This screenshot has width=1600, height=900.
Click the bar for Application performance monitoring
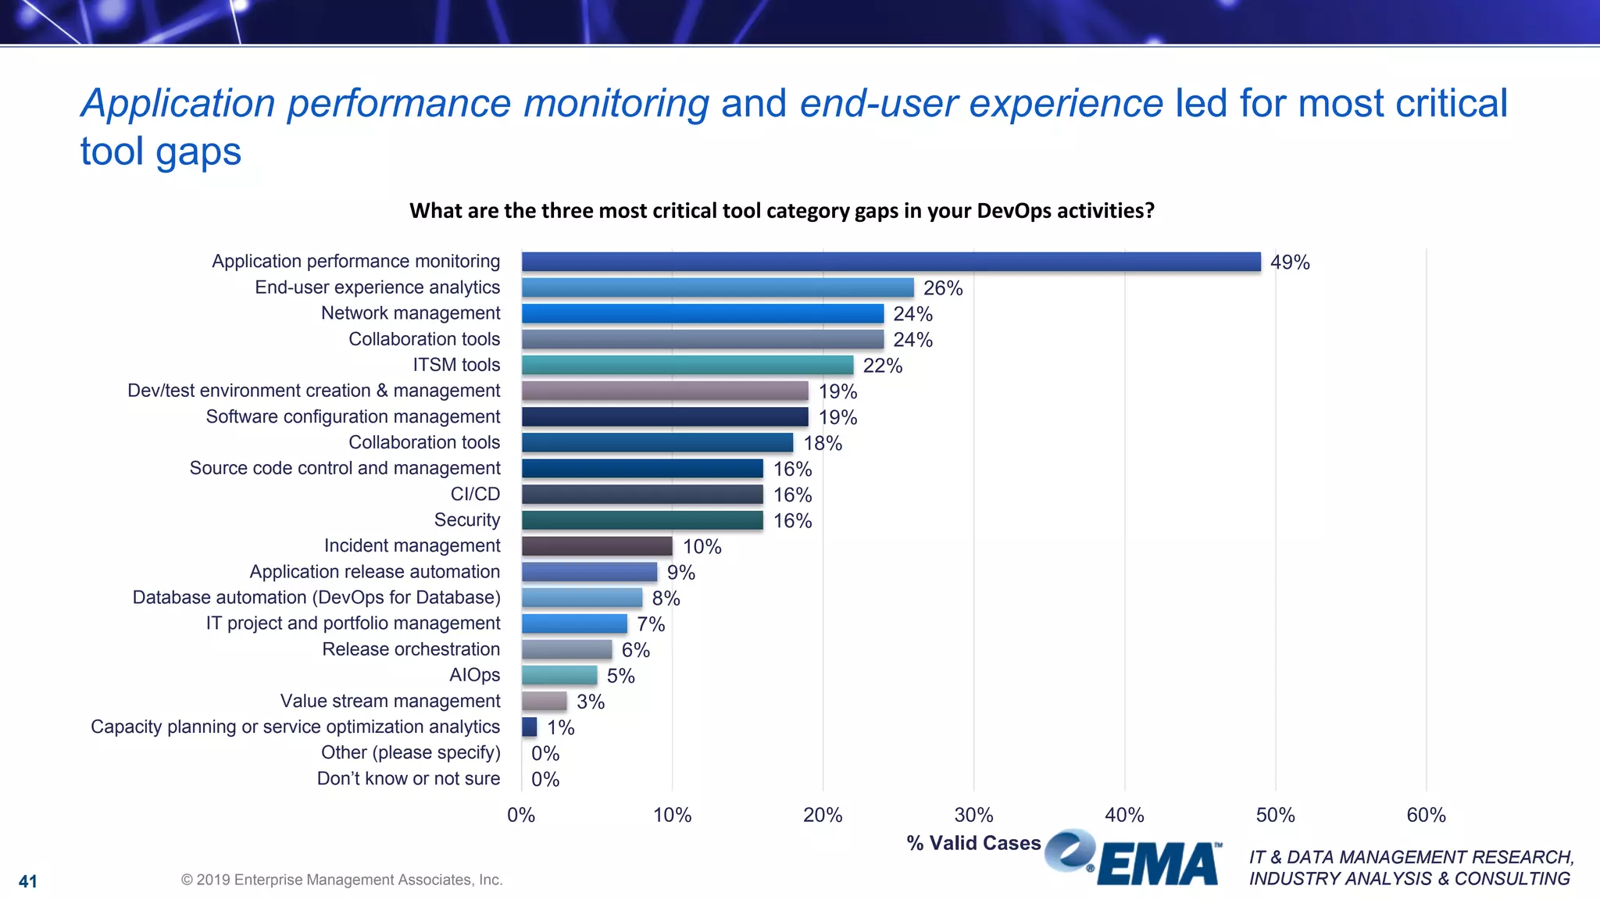tap(891, 262)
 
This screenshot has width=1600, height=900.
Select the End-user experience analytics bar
tap(717, 287)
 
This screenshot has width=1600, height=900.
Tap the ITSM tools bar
tap(687, 365)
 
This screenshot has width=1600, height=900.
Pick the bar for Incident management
tap(597, 546)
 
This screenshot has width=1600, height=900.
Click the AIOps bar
tap(559, 675)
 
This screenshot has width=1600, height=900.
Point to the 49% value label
tap(1289, 262)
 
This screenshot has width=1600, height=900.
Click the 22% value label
tap(882, 366)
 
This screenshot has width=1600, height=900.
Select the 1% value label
tap(560, 727)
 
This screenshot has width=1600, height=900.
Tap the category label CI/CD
tap(475, 494)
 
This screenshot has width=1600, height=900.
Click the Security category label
tap(466, 520)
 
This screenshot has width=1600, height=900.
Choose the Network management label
tap(410, 313)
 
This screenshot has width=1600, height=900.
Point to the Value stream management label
tap(390, 701)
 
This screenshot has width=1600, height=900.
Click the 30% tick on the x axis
tap(973, 815)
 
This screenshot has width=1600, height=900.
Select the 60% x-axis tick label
tap(1426, 815)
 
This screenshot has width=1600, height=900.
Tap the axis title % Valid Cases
tap(973, 843)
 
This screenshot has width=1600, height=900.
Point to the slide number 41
tap(28, 881)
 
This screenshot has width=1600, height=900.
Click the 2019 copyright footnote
tap(341, 880)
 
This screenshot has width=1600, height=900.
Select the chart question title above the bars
tap(781, 211)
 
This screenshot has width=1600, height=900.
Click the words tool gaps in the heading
tap(161, 151)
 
